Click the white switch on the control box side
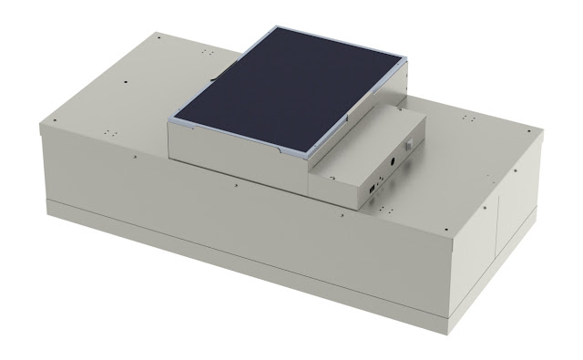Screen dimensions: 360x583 [x=410, y=145]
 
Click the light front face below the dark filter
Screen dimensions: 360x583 [x=237, y=155]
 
